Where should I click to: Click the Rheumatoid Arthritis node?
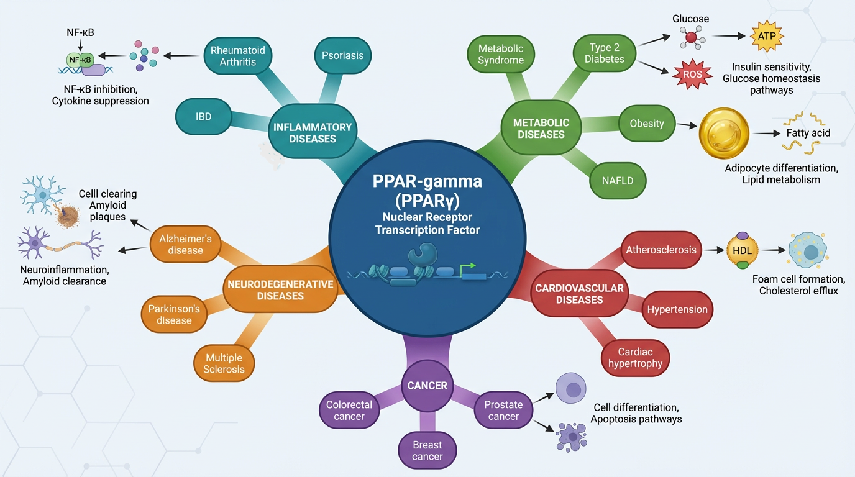click(237, 56)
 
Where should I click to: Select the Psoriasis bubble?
click(342, 55)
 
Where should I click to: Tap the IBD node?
click(203, 116)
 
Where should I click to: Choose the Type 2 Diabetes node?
click(604, 53)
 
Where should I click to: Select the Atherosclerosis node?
click(661, 250)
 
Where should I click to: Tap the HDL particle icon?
click(743, 251)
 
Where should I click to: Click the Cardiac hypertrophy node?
click(635, 358)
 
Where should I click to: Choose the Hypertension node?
click(677, 309)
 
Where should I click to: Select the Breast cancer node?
click(428, 451)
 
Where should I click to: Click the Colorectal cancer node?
click(349, 411)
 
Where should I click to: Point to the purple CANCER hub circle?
click(427, 386)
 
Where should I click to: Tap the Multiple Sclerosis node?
click(224, 363)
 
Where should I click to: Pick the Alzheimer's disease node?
click(185, 244)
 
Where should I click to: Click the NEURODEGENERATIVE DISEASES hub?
click(280, 290)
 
